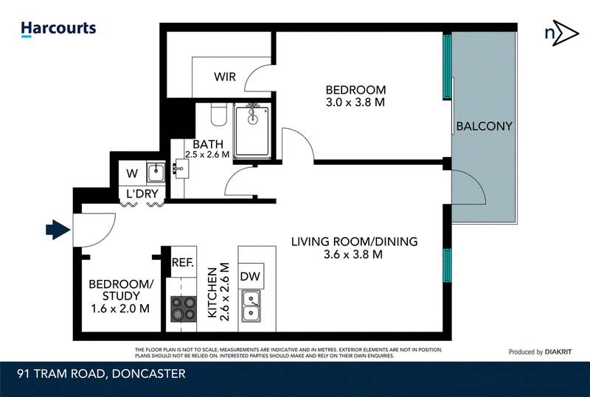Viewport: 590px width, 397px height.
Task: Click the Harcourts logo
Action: point(59,29)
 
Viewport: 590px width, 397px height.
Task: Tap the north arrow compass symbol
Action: point(561,33)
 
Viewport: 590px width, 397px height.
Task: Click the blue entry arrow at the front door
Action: point(58,229)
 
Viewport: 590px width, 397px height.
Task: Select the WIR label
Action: point(225,77)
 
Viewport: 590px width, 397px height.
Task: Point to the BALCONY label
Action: point(485,126)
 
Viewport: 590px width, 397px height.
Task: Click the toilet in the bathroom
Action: point(218,115)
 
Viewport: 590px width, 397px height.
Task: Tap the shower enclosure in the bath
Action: point(251,131)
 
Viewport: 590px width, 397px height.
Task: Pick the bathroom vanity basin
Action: point(181,168)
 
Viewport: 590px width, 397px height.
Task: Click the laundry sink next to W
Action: point(156,172)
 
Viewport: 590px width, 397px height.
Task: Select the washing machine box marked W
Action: point(132,173)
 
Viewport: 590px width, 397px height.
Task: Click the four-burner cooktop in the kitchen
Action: point(184,309)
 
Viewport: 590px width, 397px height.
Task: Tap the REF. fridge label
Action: point(182,262)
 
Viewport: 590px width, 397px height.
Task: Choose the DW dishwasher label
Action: point(250,276)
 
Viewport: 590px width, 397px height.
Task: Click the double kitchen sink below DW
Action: point(251,306)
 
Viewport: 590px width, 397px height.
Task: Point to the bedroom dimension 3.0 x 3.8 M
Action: point(355,102)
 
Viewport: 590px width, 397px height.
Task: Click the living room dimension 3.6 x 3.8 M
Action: point(353,255)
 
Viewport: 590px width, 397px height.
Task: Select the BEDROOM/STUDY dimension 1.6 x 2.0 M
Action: point(120,309)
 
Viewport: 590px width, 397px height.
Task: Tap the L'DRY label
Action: point(142,194)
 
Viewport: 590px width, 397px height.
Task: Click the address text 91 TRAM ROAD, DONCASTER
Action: point(102,374)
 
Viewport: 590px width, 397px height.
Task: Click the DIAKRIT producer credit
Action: point(558,352)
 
